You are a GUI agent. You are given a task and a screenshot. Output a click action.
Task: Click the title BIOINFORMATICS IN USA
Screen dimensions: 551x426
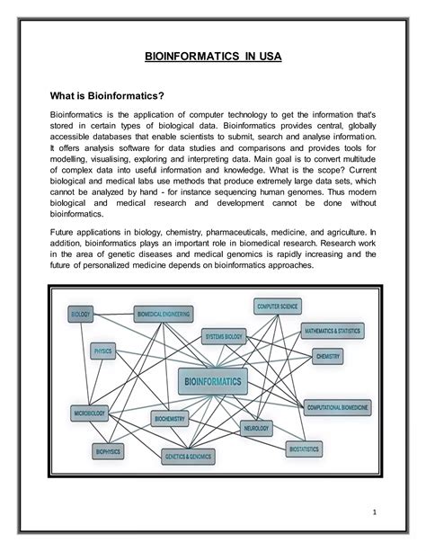(213, 57)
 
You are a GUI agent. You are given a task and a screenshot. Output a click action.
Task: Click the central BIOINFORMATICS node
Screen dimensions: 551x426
(212, 381)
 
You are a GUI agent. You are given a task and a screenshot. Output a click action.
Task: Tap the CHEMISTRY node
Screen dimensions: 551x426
(328, 356)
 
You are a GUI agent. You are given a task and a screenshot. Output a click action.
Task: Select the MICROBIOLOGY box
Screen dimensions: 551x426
(91, 413)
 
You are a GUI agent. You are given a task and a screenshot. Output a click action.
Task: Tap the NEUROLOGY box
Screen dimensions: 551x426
(256, 429)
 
